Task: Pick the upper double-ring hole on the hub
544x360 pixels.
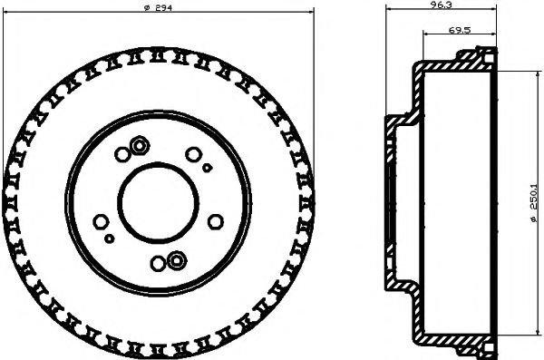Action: pyautogui.click(x=141, y=144)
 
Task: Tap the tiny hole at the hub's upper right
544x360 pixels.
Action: pyautogui.click(x=207, y=168)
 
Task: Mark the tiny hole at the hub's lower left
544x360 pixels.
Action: pyautogui.click(x=110, y=238)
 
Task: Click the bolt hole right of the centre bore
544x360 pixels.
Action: pyautogui.click(x=216, y=220)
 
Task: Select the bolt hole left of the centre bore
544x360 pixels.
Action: pyautogui.click(x=101, y=220)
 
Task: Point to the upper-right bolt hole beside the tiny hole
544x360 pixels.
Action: pyautogui.click(x=193, y=154)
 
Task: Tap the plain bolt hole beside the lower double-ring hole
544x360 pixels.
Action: pyautogui.click(x=159, y=265)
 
